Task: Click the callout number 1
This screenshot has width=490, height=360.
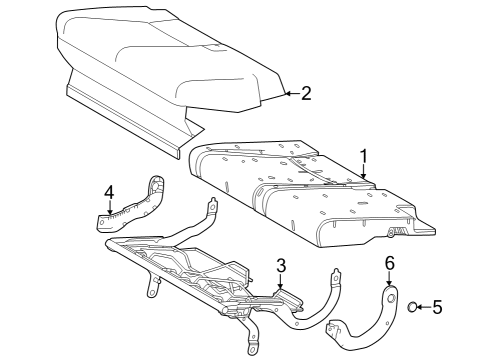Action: [x=364, y=156]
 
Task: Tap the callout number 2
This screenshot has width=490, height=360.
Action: [x=306, y=93]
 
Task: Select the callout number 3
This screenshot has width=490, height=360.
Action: [x=281, y=266]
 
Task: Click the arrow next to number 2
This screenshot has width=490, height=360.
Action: [x=288, y=94]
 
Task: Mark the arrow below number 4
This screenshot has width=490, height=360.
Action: [x=110, y=208]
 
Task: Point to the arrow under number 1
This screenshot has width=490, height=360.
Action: [x=364, y=173]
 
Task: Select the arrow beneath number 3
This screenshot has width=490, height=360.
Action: [x=281, y=283]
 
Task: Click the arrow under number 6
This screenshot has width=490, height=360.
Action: [x=390, y=280]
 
